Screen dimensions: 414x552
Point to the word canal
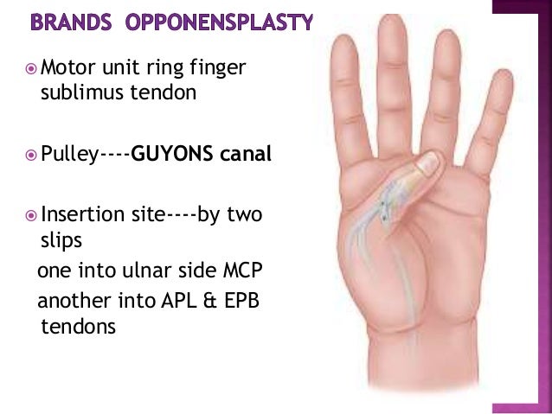246,156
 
